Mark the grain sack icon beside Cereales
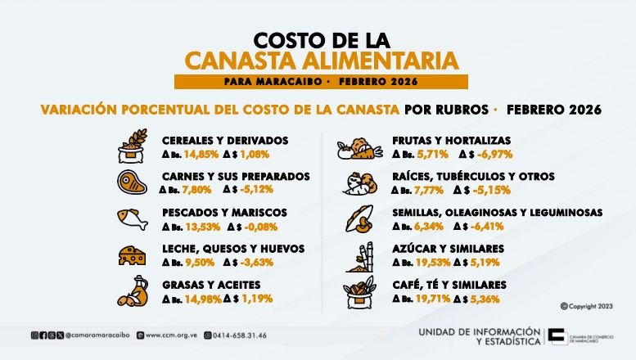pyautogui.click(x=132, y=145)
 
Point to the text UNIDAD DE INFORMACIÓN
pyautogui.click(x=479, y=331)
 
